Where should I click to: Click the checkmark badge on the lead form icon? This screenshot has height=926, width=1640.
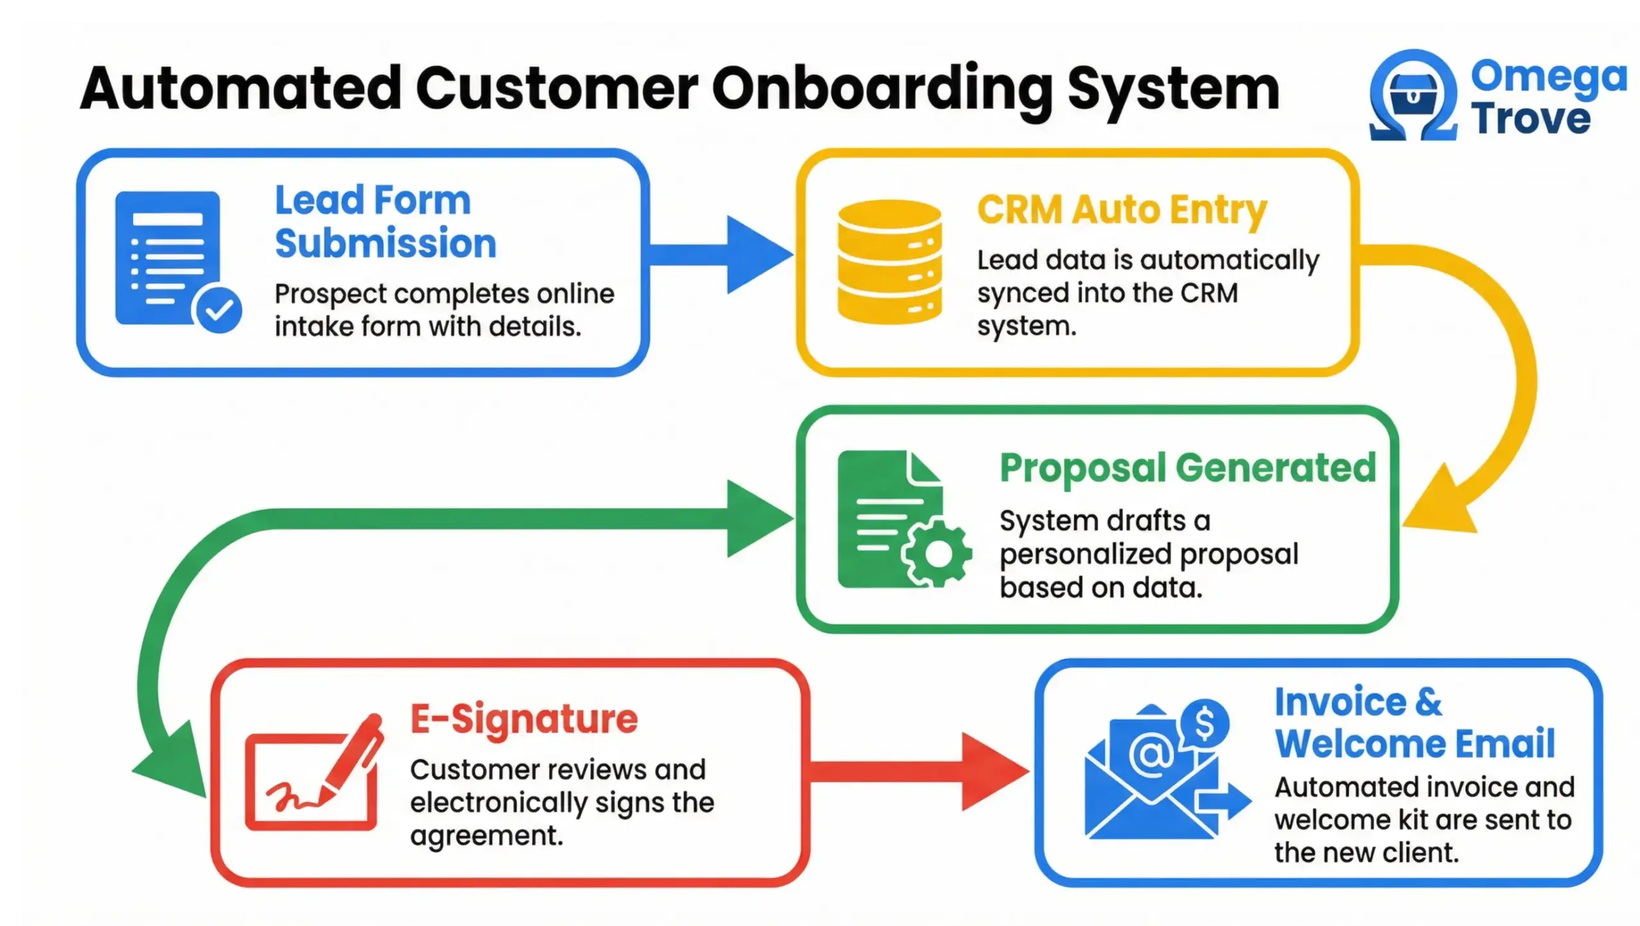(x=219, y=310)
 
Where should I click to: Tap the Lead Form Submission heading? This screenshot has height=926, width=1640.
(x=384, y=222)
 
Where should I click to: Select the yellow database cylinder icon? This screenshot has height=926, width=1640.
(x=889, y=261)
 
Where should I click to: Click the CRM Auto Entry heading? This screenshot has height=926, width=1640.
(x=1121, y=210)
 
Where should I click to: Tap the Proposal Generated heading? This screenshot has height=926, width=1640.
(x=1187, y=468)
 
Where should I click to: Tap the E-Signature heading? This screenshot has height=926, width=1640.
(x=523, y=719)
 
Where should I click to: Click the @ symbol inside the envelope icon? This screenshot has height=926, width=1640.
(x=1151, y=754)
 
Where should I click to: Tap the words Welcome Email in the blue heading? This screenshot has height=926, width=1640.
(x=1414, y=744)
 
